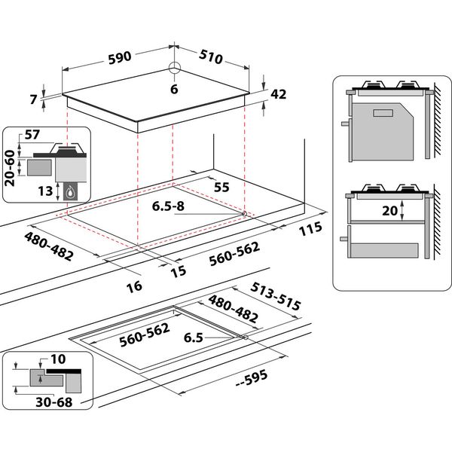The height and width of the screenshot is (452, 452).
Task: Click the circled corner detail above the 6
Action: pos(175,69)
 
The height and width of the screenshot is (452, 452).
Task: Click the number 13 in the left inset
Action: pos(46,191)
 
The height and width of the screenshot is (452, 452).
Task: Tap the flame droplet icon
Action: pos(72,191)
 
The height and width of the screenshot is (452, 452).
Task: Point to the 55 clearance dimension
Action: pos(221,185)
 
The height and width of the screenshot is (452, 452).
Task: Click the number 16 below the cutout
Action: pos(134,286)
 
